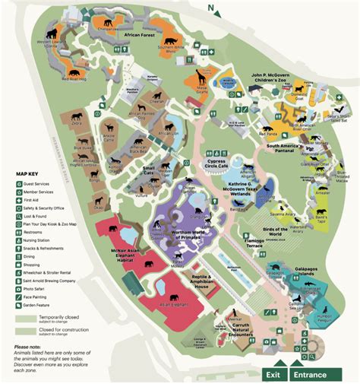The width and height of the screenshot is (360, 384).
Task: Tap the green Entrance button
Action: [x=311, y=374]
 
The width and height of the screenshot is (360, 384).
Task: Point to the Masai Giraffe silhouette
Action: [x=204, y=78]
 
